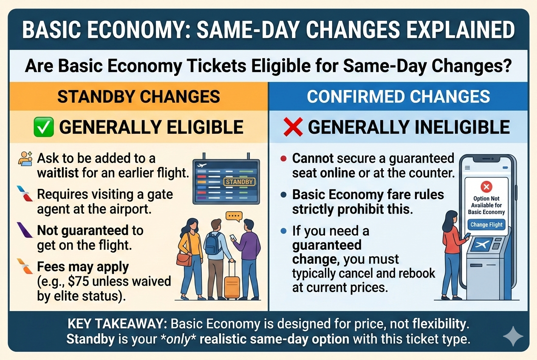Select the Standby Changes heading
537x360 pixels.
[139, 96]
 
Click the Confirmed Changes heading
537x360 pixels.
[398, 96]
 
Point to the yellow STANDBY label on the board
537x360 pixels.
[239, 182]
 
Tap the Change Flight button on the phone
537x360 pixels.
[486, 225]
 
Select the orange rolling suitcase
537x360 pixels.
[232, 281]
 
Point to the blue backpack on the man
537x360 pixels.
[212, 243]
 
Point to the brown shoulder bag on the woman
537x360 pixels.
[184, 259]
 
